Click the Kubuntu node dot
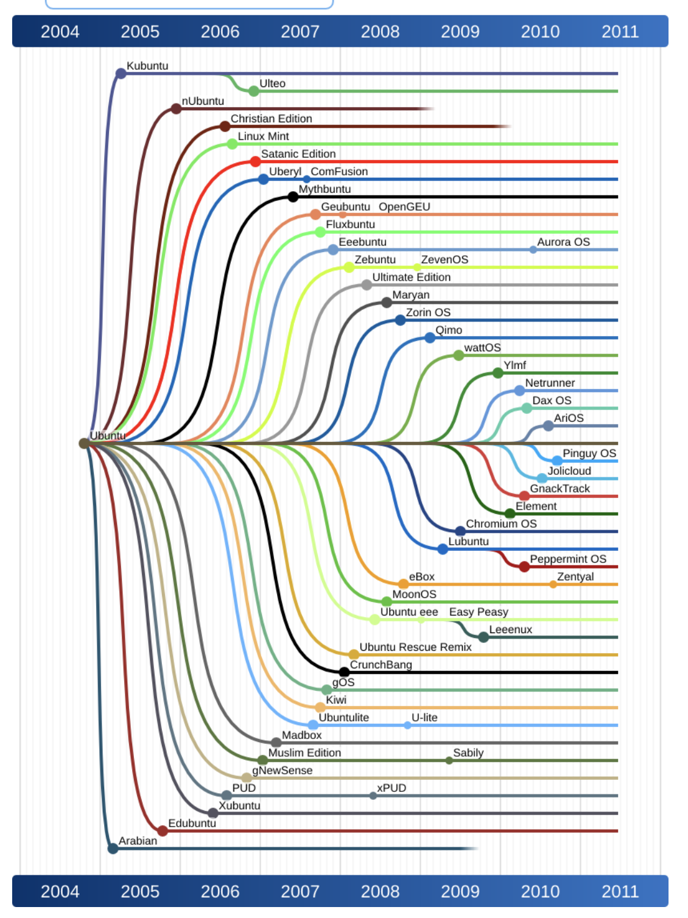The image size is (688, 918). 121,74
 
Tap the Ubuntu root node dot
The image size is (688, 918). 84,443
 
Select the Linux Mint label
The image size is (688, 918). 263,136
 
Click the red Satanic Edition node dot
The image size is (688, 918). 255,161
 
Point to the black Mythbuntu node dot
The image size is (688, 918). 293,197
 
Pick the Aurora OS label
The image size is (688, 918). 563,242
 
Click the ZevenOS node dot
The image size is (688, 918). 416,267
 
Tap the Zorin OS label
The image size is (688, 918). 428,312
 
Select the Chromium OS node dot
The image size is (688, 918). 460,531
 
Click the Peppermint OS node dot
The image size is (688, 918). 524,567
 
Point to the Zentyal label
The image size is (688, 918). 575,576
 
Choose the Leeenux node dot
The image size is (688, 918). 483,637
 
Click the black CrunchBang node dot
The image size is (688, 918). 344,672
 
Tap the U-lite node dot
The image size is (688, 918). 407,725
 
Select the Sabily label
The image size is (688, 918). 468,753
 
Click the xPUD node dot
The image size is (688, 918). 373,796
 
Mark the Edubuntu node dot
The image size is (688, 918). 163,830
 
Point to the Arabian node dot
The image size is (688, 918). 113,848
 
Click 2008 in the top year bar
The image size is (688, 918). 380,32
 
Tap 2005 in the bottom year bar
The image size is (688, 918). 140,891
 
